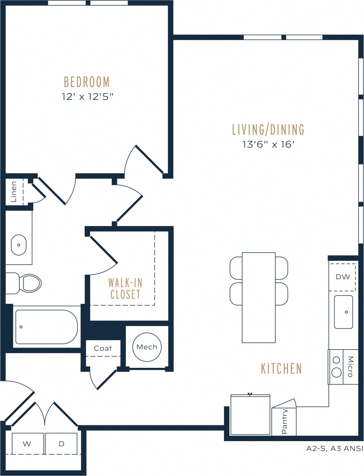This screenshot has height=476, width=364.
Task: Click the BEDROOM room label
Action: [x=87, y=82]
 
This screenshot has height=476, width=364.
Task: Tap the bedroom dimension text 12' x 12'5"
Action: [x=87, y=97]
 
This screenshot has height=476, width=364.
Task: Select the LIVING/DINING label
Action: [x=268, y=130]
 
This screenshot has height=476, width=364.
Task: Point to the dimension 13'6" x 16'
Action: [x=268, y=145]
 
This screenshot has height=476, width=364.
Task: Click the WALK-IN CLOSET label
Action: [x=125, y=288]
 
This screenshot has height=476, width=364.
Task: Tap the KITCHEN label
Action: [x=281, y=369]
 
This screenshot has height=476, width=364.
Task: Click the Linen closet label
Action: [x=14, y=192]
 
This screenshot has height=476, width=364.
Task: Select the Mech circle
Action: [x=147, y=347]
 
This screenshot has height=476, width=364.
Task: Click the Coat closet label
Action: [x=103, y=348]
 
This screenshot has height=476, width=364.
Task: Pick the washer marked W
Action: [x=27, y=444]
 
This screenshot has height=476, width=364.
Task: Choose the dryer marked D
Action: [x=62, y=444]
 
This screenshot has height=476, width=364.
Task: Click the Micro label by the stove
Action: [x=351, y=367]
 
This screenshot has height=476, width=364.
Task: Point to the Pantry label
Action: [x=285, y=421]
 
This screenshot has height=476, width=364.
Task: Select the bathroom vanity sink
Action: [x=19, y=245]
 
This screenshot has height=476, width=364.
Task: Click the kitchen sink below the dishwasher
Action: [x=343, y=312]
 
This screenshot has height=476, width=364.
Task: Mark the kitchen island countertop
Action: [x=259, y=298]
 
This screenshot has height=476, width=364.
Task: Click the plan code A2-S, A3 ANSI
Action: [x=334, y=448]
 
